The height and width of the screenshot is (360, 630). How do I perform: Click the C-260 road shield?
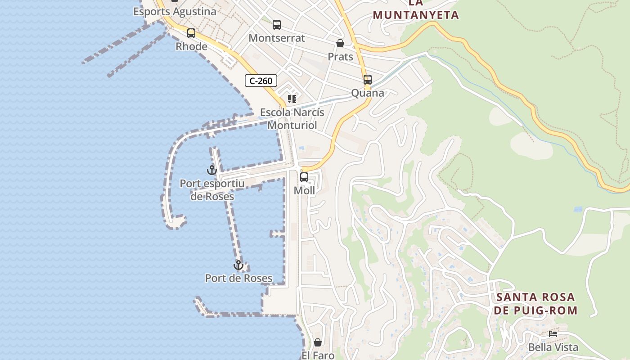tap(261, 81)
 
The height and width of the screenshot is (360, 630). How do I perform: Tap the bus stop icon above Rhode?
tap(191, 33)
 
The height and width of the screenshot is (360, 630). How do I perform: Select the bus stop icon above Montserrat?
tap(277, 25)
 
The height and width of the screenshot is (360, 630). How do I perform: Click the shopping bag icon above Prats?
tap(340, 43)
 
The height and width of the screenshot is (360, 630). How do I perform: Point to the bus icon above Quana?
tap(368, 80)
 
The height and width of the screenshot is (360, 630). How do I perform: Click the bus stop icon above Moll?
tap(304, 177)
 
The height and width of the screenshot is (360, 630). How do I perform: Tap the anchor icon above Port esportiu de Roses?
tap(212, 170)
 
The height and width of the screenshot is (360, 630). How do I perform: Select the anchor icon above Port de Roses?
tap(238, 265)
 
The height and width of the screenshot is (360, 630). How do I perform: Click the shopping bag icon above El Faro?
tap(318, 342)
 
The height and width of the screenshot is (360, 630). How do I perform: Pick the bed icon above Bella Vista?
tap(553, 334)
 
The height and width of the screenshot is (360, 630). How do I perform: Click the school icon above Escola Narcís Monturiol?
tap(292, 99)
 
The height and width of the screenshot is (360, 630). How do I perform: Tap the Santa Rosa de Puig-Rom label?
tap(535, 304)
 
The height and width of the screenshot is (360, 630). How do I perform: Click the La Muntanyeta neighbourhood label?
tap(416, 10)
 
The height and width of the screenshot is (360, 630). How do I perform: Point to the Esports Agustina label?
tap(175, 11)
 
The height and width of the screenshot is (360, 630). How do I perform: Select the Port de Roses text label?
tap(238, 278)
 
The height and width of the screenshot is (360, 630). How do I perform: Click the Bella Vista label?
tap(553, 347)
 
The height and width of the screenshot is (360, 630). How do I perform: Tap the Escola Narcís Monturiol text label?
tap(292, 119)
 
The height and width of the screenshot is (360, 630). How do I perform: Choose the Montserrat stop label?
tap(277, 38)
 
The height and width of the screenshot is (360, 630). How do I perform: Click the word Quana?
tap(368, 93)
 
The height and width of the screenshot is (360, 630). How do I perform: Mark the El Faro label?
tap(318, 355)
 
